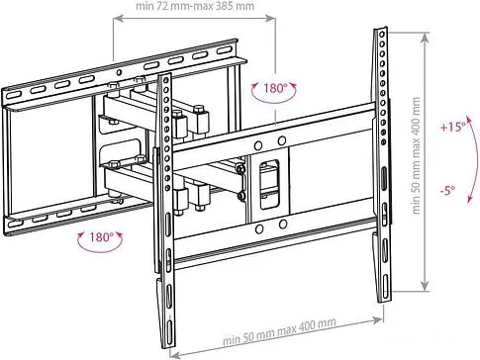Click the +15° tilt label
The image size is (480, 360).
[x=453, y=127]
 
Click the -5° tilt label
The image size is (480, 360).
[x=447, y=190]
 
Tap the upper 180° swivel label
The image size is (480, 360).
[x=275, y=88]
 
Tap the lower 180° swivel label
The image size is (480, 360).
[x=101, y=236]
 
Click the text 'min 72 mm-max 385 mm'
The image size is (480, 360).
[x=195, y=6]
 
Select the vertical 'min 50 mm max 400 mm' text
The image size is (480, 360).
[x=416, y=155]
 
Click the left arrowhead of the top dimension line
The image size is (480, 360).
[x=117, y=19]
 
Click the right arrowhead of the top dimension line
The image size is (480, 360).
[x=272, y=19]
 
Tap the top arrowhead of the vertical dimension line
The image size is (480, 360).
[x=426, y=37]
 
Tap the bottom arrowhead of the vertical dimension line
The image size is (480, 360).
[x=426, y=287]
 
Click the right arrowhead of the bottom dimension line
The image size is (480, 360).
[x=379, y=319]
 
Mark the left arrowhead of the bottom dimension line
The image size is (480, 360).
[x=174, y=355]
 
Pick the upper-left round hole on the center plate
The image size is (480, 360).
[x=258, y=145]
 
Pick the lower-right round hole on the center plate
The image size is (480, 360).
[x=283, y=225]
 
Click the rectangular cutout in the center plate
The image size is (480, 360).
[x=270, y=184]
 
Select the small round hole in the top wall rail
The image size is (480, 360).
[x=120, y=72]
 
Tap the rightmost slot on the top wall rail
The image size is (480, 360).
[x=224, y=50]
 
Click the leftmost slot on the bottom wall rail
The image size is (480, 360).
[x=15, y=224]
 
